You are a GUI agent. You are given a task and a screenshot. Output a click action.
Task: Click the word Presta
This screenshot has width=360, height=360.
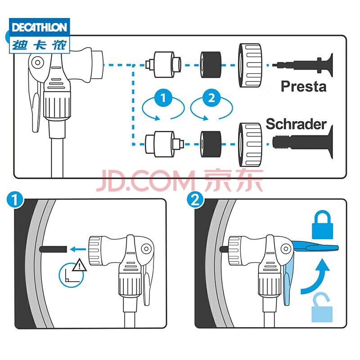tap(303, 86)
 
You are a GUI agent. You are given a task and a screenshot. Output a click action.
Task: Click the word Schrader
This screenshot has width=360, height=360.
tap(296, 124)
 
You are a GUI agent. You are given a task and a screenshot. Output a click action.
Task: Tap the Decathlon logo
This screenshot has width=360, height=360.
tap(39, 36)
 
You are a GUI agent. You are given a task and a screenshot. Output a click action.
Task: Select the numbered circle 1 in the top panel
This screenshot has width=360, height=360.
tap(162, 98)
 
